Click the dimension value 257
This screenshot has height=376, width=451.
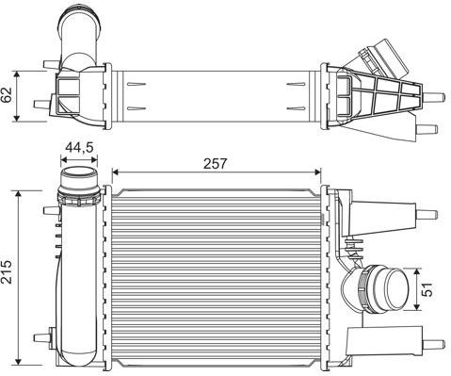click(x=215, y=164)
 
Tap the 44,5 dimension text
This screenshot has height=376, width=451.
click(x=79, y=147)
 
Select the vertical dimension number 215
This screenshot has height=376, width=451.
click(x=7, y=272)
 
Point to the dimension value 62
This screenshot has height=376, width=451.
click(x=7, y=94)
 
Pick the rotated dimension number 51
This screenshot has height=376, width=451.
click(x=427, y=289)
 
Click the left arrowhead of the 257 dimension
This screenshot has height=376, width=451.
click(x=115, y=172)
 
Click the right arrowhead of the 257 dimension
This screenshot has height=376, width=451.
click(x=318, y=172)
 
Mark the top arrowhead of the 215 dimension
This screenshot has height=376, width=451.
click(x=19, y=193)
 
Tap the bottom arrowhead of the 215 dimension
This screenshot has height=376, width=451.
click(x=19, y=362)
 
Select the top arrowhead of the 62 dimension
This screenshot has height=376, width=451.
click(x=17, y=74)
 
